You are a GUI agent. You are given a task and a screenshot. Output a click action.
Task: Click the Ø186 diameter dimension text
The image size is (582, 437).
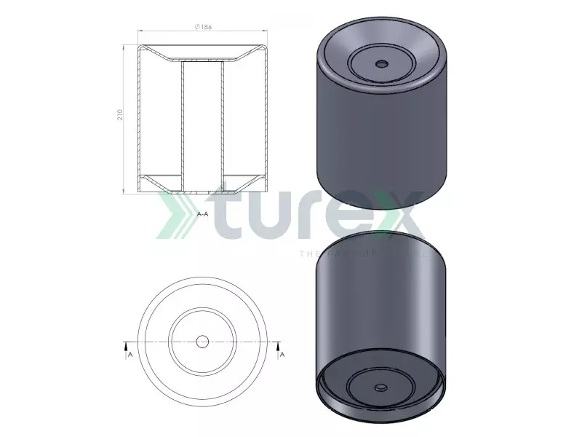(x=203, y=27)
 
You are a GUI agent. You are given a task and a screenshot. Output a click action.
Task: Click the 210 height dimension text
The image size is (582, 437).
(x=121, y=115)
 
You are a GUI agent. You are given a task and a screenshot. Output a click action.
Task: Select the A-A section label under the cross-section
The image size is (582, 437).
(x=203, y=215)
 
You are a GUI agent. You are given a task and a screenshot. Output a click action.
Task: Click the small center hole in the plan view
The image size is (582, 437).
(x=203, y=341)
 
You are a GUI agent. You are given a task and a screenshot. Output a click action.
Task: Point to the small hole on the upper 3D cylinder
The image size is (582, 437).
(x=380, y=63)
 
